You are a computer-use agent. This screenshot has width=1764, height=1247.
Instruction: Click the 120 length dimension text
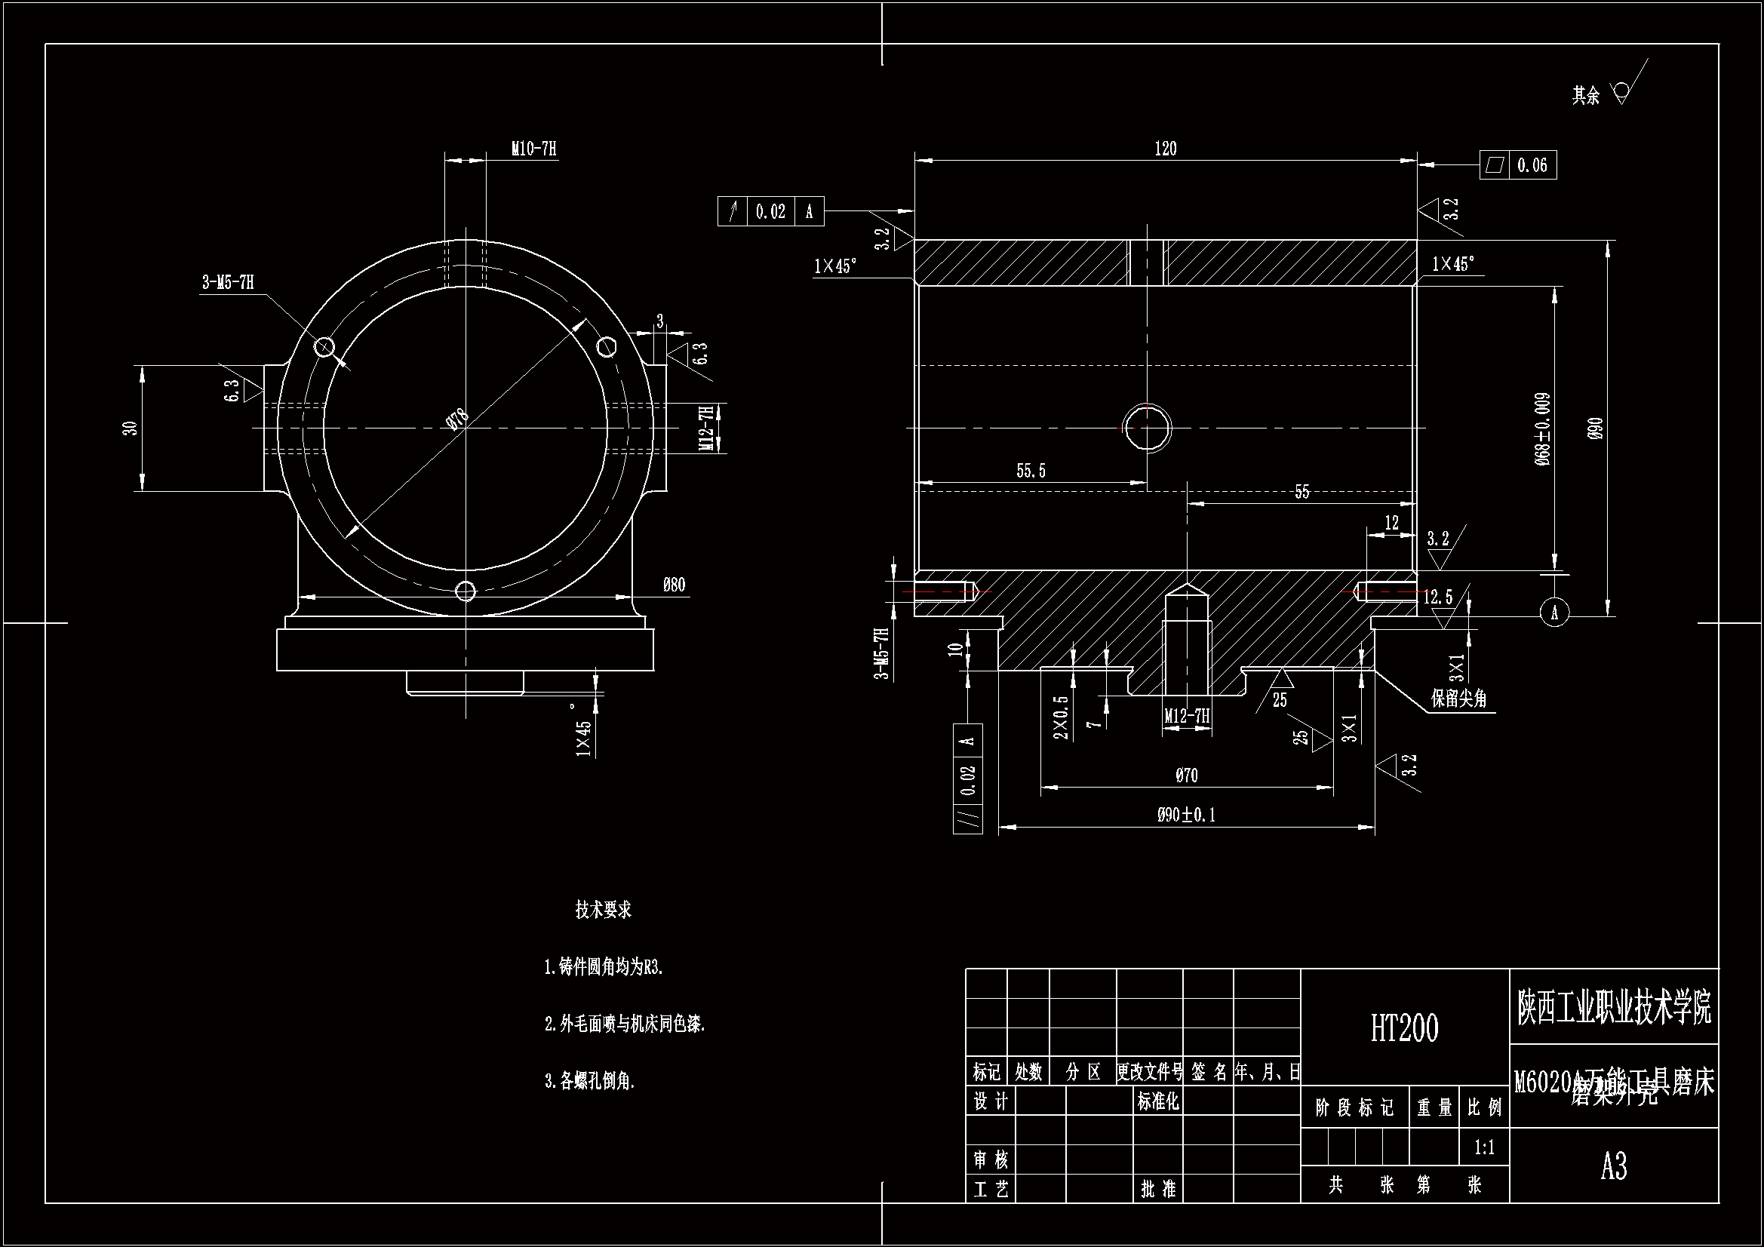(1166, 149)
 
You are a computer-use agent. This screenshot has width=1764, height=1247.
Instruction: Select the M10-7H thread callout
(533, 149)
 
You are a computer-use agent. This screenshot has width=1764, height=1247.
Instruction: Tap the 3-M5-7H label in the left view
(227, 283)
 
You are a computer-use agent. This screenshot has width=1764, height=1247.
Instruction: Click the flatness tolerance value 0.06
(1532, 165)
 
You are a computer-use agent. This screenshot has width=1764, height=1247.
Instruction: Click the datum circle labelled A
(1554, 613)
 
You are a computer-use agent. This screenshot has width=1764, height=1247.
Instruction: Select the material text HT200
(1403, 1028)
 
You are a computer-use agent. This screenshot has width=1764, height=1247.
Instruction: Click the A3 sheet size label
(1613, 1166)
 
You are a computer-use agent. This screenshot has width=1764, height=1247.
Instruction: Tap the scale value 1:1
(1484, 1148)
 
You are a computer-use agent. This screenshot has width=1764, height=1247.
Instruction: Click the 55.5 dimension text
(1031, 471)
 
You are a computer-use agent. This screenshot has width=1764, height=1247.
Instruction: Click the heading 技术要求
(603, 911)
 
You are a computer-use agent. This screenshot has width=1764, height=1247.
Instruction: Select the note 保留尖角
(1458, 699)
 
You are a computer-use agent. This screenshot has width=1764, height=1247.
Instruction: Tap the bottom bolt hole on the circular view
(466, 591)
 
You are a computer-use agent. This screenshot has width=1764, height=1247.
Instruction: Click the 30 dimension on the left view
(131, 428)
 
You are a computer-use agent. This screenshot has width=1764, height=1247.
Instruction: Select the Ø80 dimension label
(674, 585)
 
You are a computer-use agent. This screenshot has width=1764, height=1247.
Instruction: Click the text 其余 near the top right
(1585, 96)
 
